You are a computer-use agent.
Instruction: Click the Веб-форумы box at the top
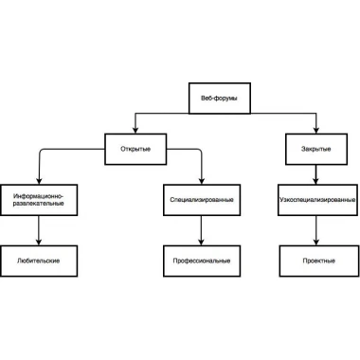[x=220, y=99]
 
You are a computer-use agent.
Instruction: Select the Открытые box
[x=135, y=149]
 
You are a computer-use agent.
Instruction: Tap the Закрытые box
[x=316, y=149]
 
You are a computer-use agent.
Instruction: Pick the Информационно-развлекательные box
[x=39, y=200]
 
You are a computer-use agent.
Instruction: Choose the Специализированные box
[x=202, y=200]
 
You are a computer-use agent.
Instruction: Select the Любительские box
[x=39, y=261]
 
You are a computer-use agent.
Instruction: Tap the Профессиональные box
[x=202, y=261]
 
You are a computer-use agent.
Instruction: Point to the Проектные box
[x=319, y=261]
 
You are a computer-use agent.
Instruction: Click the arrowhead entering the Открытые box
[x=135, y=130]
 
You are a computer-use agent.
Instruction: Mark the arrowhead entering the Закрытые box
[x=316, y=130]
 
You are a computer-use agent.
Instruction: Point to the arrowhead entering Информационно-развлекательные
[x=39, y=181]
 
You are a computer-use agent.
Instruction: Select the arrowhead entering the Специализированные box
[x=202, y=181]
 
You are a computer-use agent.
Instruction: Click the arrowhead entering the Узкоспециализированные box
[x=316, y=181]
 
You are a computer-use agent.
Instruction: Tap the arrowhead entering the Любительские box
[x=39, y=242]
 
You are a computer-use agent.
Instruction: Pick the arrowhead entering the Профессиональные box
[x=202, y=242]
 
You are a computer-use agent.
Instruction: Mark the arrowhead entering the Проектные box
[x=316, y=242]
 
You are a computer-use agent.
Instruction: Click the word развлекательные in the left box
[x=39, y=204]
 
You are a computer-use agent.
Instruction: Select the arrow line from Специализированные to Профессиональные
[x=202, y=230]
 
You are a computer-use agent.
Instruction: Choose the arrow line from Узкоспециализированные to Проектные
[x=316, y=230]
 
